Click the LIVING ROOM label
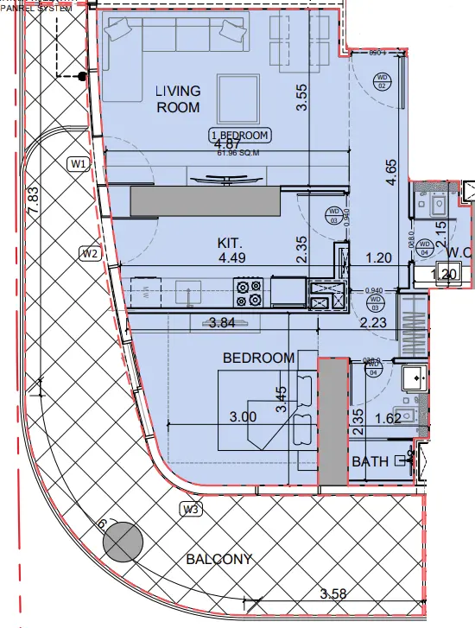178,99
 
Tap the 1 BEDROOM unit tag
240,136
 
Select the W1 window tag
78,163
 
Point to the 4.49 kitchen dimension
232,258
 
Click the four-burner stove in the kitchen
249,293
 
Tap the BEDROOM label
258,358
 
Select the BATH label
370,462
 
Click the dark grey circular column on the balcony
123,542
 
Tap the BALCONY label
219,559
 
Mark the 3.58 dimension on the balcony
333,593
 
